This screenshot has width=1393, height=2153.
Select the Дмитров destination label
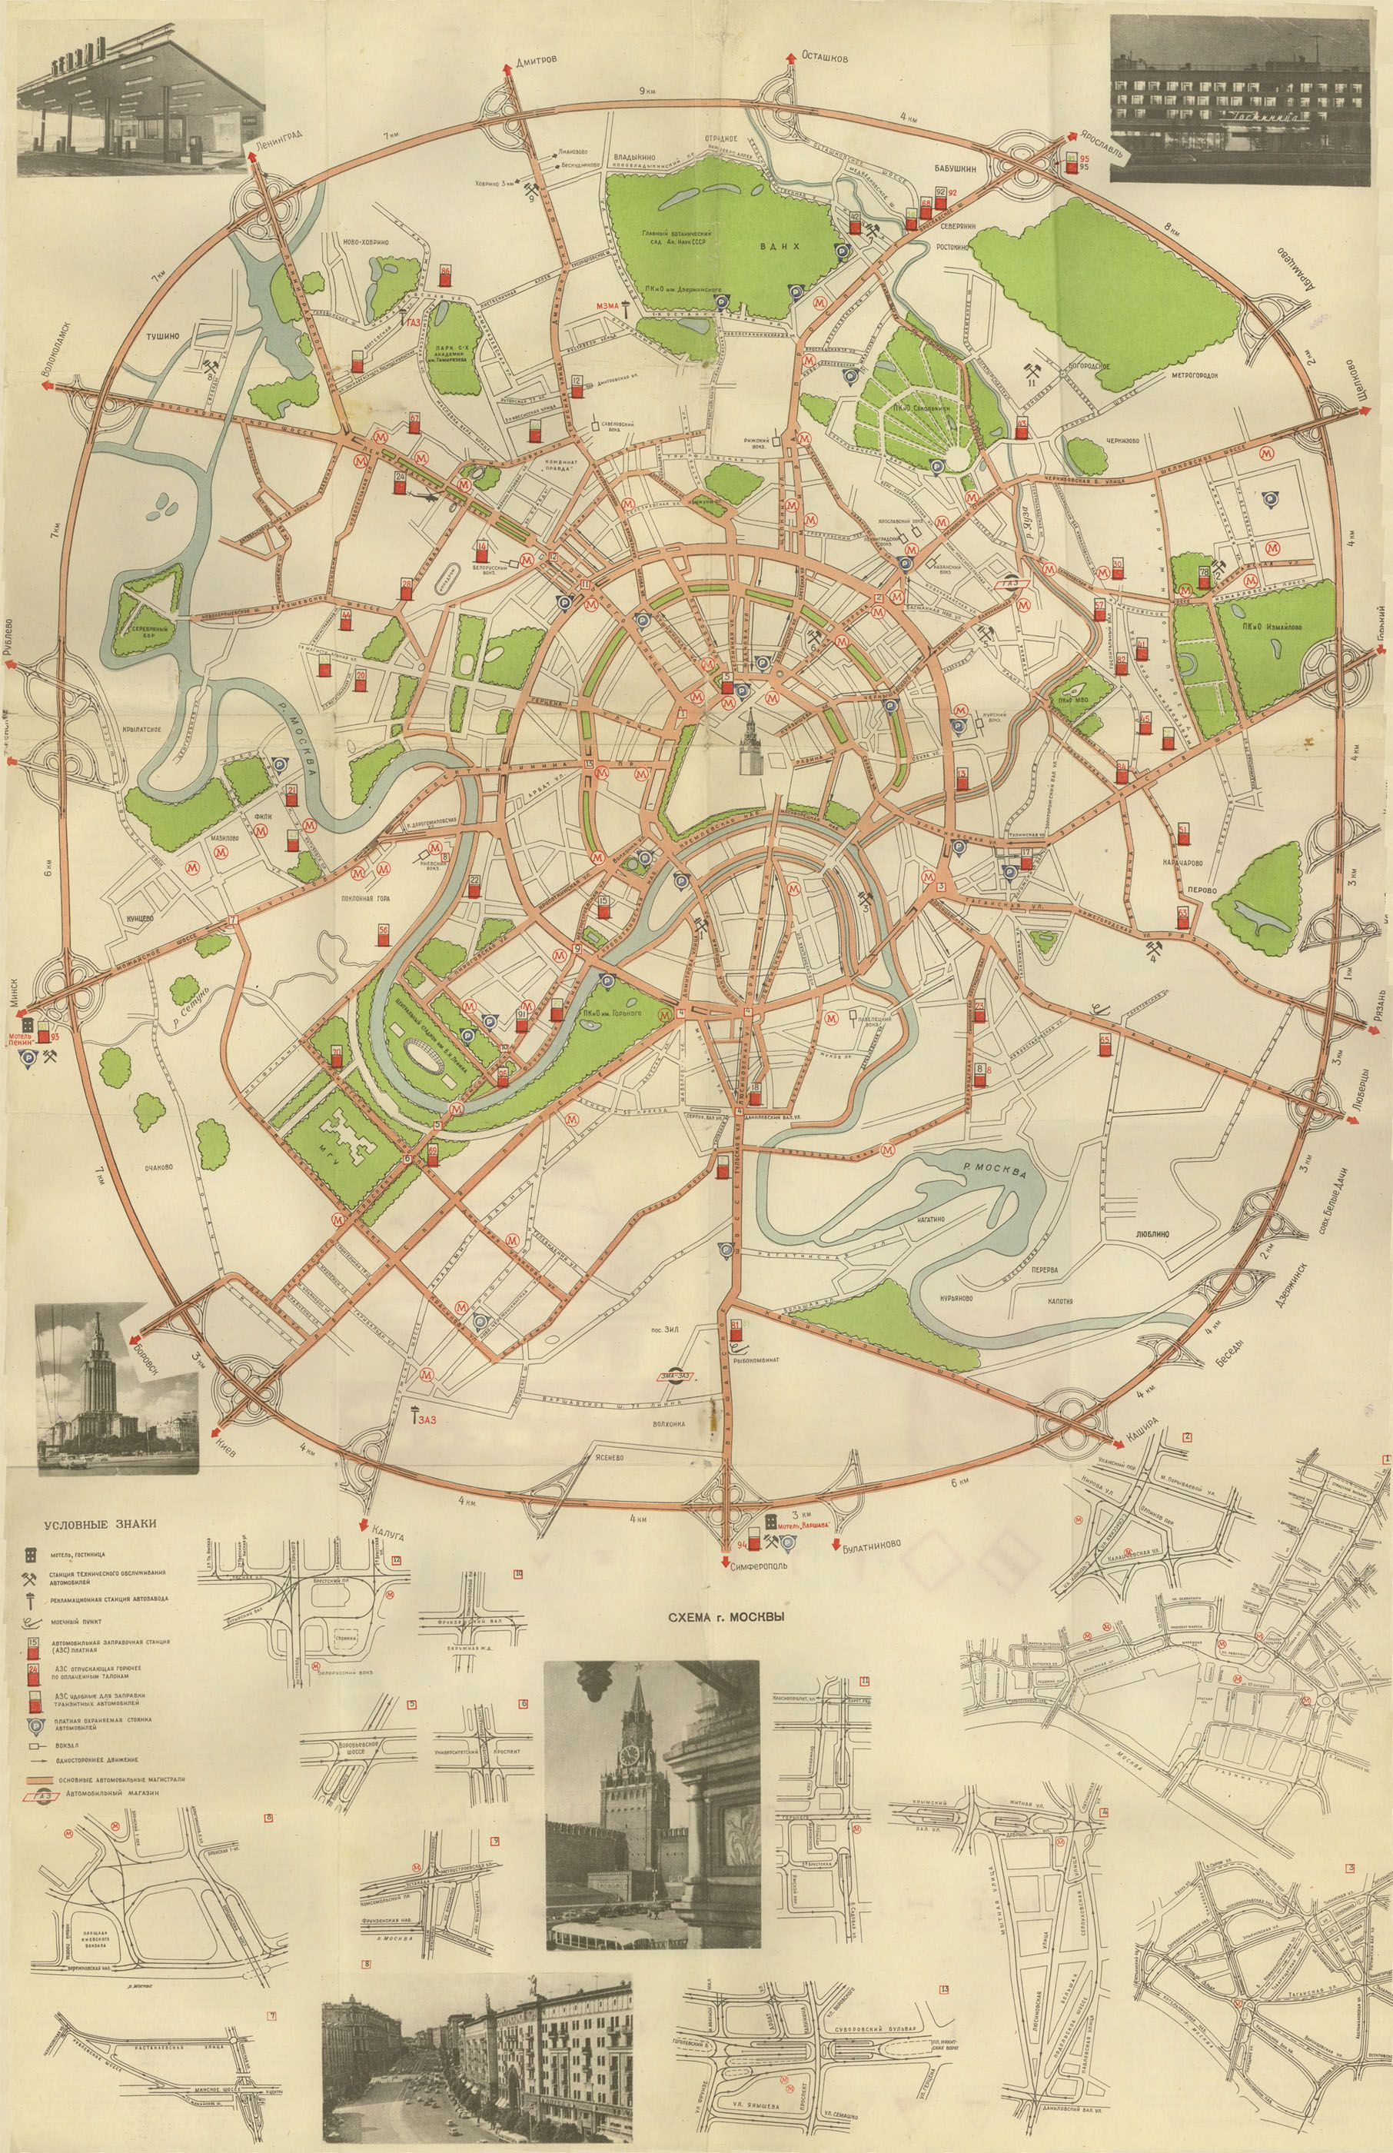pyautogui.click(x=537, y=56)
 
